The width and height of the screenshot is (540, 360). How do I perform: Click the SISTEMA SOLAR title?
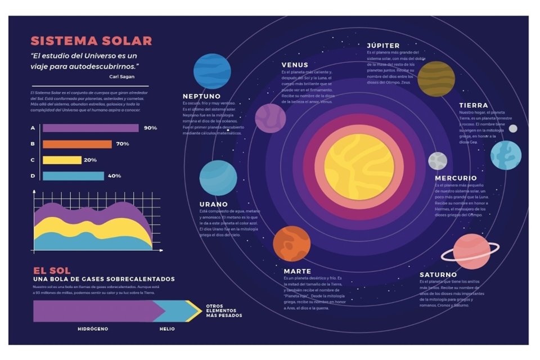pyautogui.click(x=91, y=41)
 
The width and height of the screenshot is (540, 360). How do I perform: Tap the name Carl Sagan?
pyautogui.click(x=122, y=76)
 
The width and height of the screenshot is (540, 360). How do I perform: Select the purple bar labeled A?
pyautogui.click(x=91, y=128)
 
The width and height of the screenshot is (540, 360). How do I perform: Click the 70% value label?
pyautogui.click(x=123, y=144)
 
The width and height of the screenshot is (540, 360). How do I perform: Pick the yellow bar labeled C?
pyautogui.click(x=62, y=160)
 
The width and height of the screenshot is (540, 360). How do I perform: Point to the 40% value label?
pyautogui.click(x=115, y=176)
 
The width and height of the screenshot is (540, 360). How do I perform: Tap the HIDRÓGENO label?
pyautogui.click(x=93, y=328)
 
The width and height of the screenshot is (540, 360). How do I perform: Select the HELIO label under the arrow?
pyautogui.click(x=166, y=328)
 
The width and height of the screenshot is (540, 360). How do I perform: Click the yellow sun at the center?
pyautogui.click(x=359, y=167)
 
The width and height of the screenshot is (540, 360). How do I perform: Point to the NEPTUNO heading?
pyautogui.click(x=201, y=96)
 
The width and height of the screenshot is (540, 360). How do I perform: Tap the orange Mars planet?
pyautogui.click(x=291, y=244)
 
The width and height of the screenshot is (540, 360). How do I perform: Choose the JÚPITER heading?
pyautogui.click(x=383, y=46)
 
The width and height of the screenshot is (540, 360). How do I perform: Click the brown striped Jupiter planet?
pyautogui.click(x=436, y=79)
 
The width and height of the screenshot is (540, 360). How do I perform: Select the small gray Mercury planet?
pyautogui.click(x=438, y=161)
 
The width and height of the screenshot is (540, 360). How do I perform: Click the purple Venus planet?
pyautogui.click(x=271, y=118)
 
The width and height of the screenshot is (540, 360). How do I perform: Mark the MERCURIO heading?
pyautogui.click(x=455, y=178)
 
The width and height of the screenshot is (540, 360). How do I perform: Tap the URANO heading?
pyautogui.click(x=213, y=204)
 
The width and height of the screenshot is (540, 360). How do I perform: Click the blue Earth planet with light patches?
pyautogui.click(x=505, y=155)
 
